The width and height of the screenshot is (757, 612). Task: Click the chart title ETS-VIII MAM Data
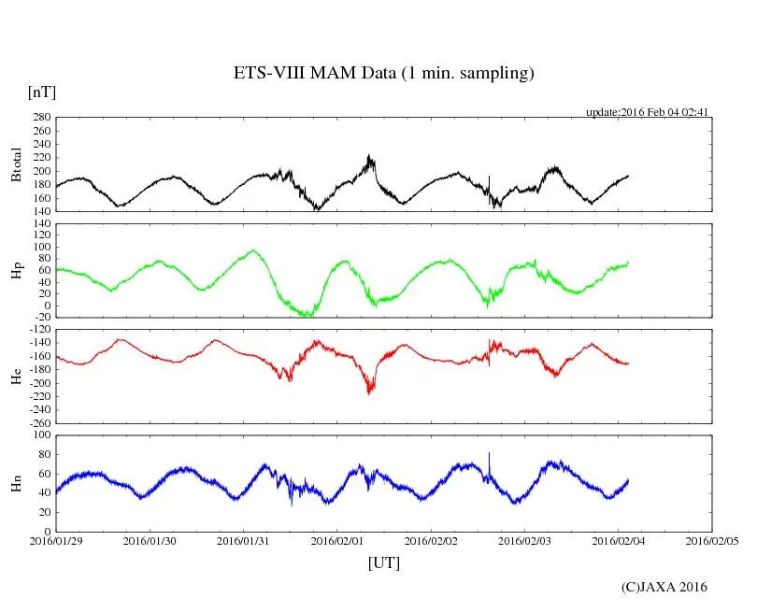pos(383,74)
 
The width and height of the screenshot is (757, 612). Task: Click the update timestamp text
pos(648,112)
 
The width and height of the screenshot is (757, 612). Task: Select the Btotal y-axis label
pos(16,164)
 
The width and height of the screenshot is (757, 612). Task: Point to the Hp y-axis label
pos(16,271)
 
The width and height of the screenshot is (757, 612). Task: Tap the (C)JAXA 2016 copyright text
pos(664,587)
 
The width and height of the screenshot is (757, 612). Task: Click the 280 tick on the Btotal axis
pos(40,118)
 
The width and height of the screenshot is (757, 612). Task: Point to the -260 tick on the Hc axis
pos(36,422)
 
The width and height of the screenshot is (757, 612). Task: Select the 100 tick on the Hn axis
pos(40,435)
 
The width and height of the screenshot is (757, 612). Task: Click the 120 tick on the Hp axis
pos(40,236)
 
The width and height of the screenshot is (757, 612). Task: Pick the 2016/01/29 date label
pos(55,541)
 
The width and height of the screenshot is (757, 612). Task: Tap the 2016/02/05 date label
pos(712,541)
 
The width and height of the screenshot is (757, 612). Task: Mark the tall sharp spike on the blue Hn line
pos(489,453)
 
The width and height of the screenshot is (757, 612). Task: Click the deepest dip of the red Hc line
pos(369,392)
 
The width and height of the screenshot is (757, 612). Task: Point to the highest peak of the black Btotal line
pos(369,156)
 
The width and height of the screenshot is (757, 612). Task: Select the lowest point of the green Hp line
pos(305,316)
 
